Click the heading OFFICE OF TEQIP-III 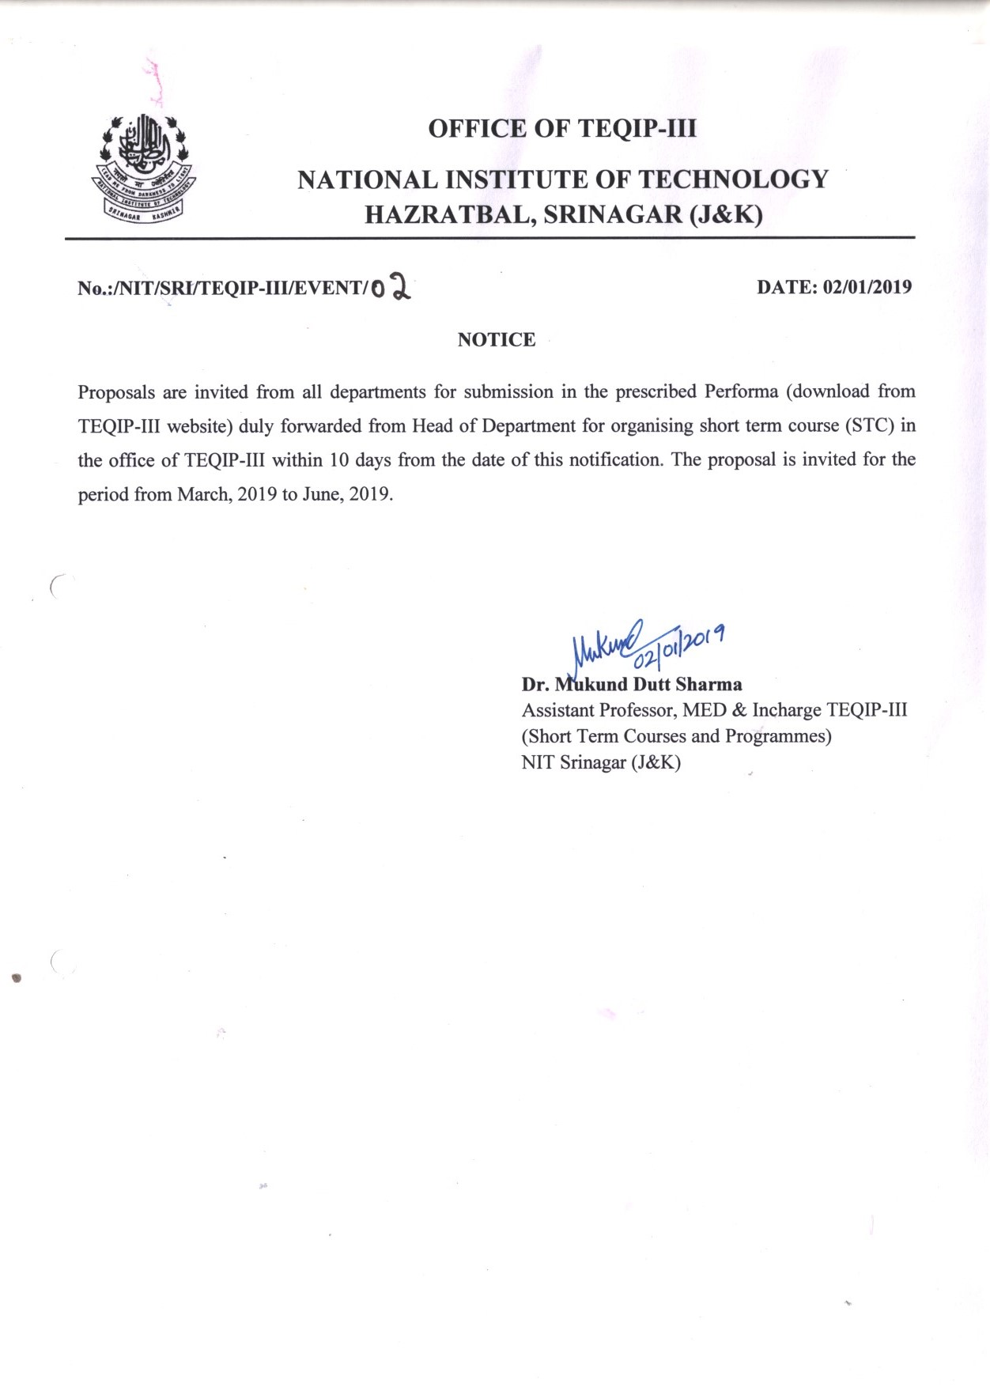(562, 128)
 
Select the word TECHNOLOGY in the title (733, 180)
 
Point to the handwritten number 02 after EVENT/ (391, 287)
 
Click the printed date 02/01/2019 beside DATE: (867, 286)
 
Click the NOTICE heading (497, 339)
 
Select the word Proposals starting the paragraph (116, 392)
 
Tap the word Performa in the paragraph (741, 391)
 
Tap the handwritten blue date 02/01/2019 (682, 643)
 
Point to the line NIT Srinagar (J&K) (601, 762)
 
